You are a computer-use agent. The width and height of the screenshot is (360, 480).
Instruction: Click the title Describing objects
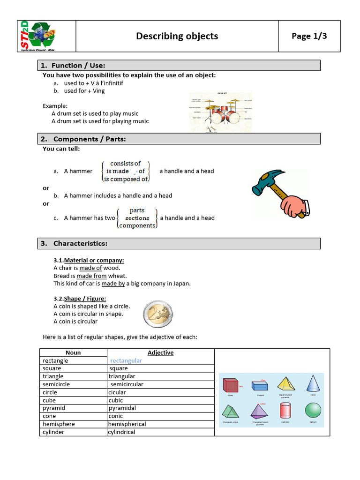pos(177,36)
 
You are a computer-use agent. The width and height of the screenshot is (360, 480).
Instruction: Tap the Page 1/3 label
pos(309,36)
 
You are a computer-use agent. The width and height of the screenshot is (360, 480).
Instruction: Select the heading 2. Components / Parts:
pos(89,139)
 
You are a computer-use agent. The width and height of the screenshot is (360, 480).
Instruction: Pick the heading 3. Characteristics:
pos(80,243)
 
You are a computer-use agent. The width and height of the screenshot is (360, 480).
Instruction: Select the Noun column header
pos(73,352)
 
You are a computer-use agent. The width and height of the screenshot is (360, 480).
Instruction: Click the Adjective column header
pos(160,352)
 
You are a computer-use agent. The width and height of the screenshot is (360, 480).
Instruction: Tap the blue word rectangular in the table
pos(126,360)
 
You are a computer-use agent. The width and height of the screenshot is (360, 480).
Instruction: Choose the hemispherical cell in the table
pos(127,424)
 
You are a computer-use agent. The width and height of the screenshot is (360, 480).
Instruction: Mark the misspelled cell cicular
pos(117,392)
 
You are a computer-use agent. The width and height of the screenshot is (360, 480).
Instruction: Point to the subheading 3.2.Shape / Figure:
pos(80,299)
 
